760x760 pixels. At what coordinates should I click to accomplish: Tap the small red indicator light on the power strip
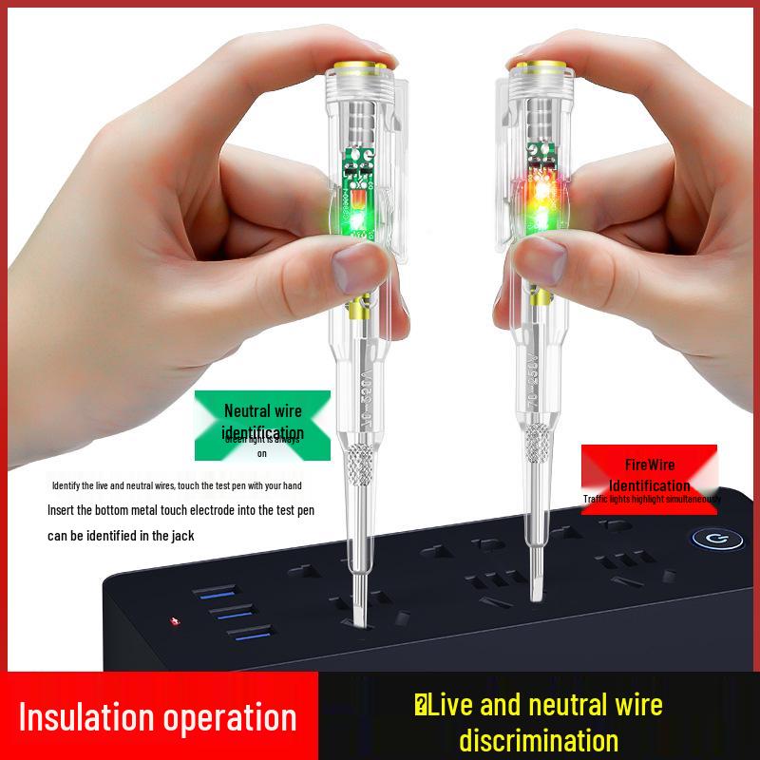tap(173, 622)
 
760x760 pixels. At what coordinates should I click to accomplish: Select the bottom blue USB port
tap(245, 634)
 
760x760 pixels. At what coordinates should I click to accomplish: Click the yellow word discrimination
tap(539, 740)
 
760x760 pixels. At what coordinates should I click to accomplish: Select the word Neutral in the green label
tap(247, 410)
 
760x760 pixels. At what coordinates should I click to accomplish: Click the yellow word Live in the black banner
tap(455, 704)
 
